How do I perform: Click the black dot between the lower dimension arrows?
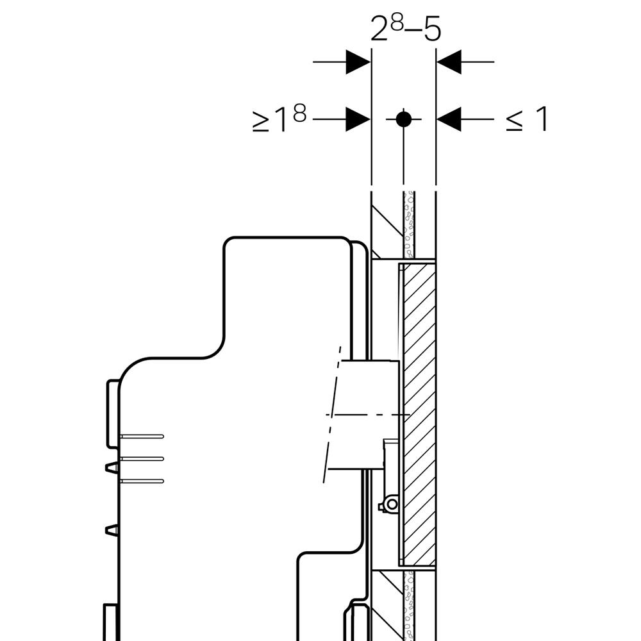[404, 119]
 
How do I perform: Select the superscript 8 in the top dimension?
[397, 24]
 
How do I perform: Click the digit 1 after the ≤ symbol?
[541, 119]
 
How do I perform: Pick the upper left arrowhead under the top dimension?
[358, 62]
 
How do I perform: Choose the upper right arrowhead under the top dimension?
[449, 62]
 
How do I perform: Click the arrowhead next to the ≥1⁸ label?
[358, 119]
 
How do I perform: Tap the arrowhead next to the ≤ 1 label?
[449, 119]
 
